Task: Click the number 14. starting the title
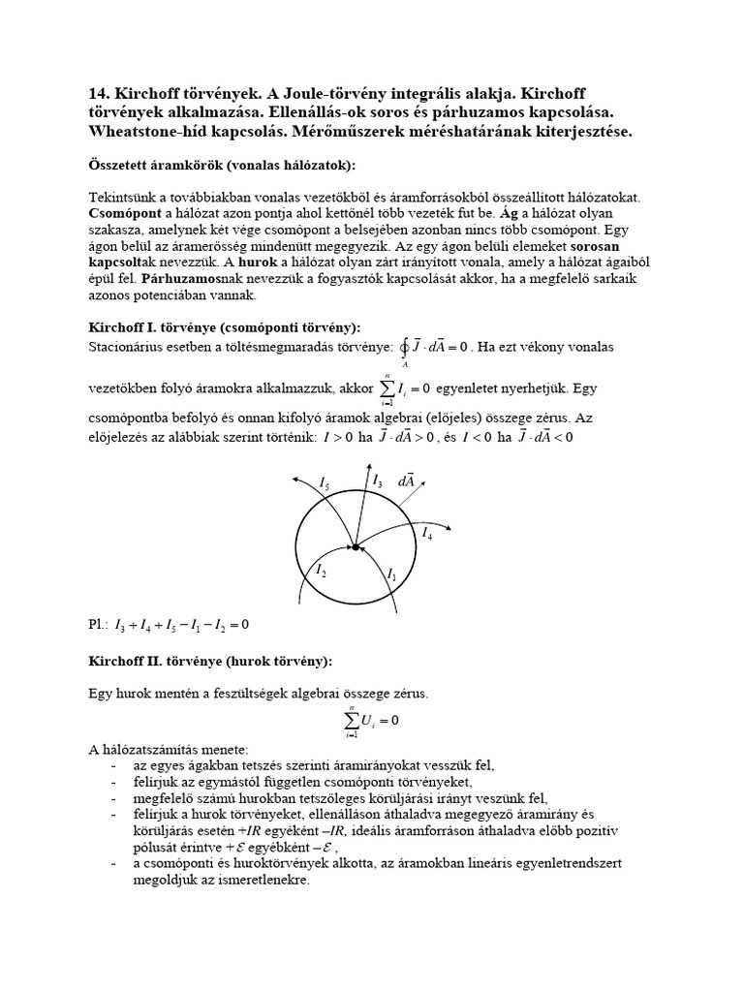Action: tap(101, 94)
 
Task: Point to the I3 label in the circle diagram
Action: tap(378, 480)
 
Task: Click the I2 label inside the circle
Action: tap(321, 572)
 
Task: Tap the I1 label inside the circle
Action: tap(391, 574)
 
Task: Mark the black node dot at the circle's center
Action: tap(356, 548)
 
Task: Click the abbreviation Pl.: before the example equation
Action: tap(98, 625)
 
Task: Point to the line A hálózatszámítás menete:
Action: tap(169, 750)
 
